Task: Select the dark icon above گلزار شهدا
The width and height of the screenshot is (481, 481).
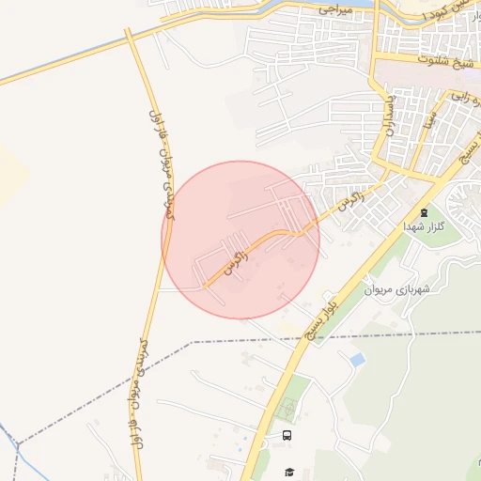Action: pyautogui.click(x=423, y=213)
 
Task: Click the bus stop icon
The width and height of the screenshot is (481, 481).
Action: pyautogui.click(x=287, y=435)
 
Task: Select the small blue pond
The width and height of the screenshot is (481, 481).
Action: pyautogui.click(x=356, y=359)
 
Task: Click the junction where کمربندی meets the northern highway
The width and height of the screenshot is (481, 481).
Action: pyautogui.click(x=131, y=39)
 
